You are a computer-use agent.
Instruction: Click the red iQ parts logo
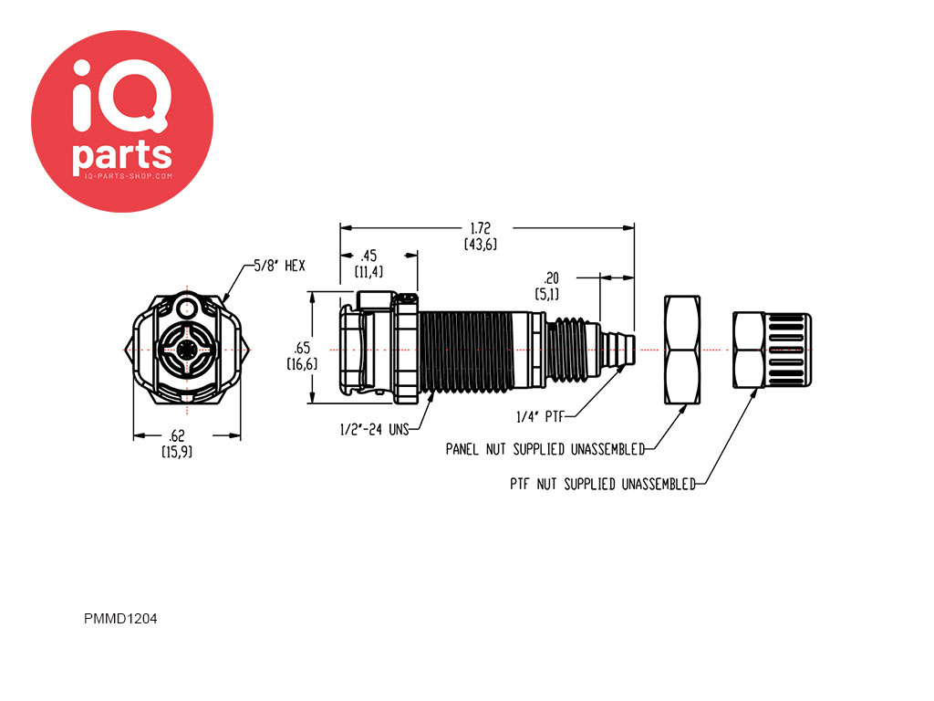coord(122,121)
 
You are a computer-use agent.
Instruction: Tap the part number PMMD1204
coord(120,619)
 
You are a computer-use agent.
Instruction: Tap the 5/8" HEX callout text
coord(279,266)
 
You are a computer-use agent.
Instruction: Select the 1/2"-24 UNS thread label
coord(374,429)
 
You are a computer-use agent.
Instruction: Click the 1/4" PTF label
coord(540,416)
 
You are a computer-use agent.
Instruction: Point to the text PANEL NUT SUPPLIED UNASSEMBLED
coord(545,449)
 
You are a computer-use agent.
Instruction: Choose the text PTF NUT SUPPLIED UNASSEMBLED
coord(602,484)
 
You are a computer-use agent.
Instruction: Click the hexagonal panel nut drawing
coord(682,350)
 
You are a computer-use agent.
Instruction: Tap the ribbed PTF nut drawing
coord(772,350)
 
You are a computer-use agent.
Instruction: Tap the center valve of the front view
coord(187,350)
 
